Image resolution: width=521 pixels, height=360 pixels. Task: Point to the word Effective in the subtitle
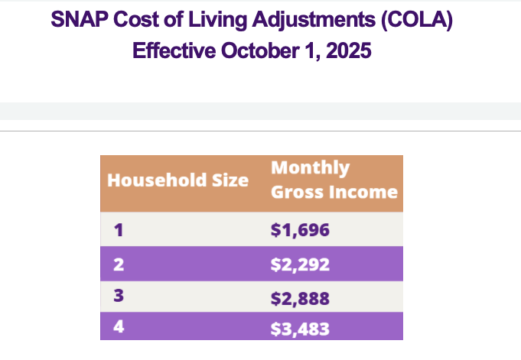tap(174, 51)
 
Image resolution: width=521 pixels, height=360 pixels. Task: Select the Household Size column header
tap(177, 180)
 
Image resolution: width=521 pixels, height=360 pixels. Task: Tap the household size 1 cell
tap(119, 229)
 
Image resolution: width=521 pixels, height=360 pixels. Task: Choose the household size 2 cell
tap(119, 264)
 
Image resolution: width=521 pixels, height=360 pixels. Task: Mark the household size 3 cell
tap(119, 297)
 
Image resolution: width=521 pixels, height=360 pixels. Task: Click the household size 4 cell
tap(119, 329)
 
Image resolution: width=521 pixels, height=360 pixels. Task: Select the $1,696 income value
tap(299, 229)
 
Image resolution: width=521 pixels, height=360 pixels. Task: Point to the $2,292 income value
tap(299, 264)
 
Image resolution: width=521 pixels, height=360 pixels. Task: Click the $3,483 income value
tap(299, 329)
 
